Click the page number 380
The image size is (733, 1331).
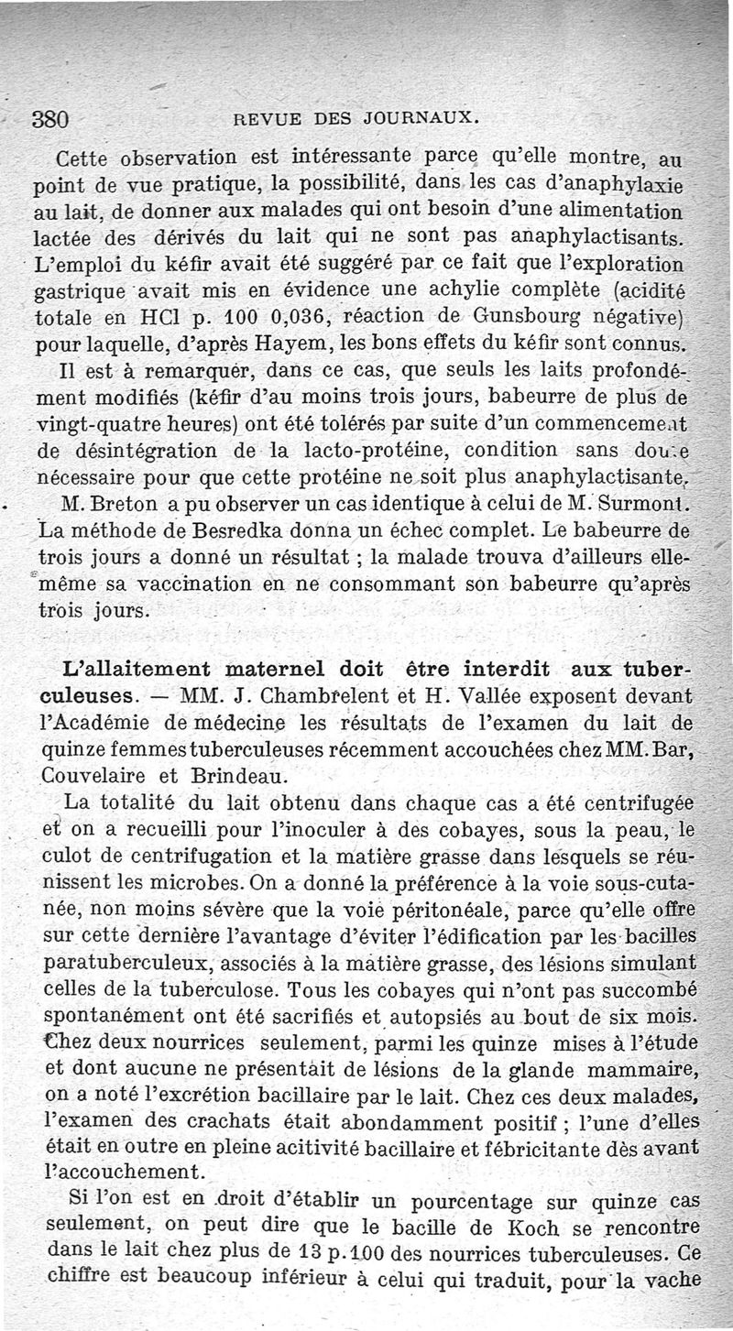51,118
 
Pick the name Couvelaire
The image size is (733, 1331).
87,774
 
